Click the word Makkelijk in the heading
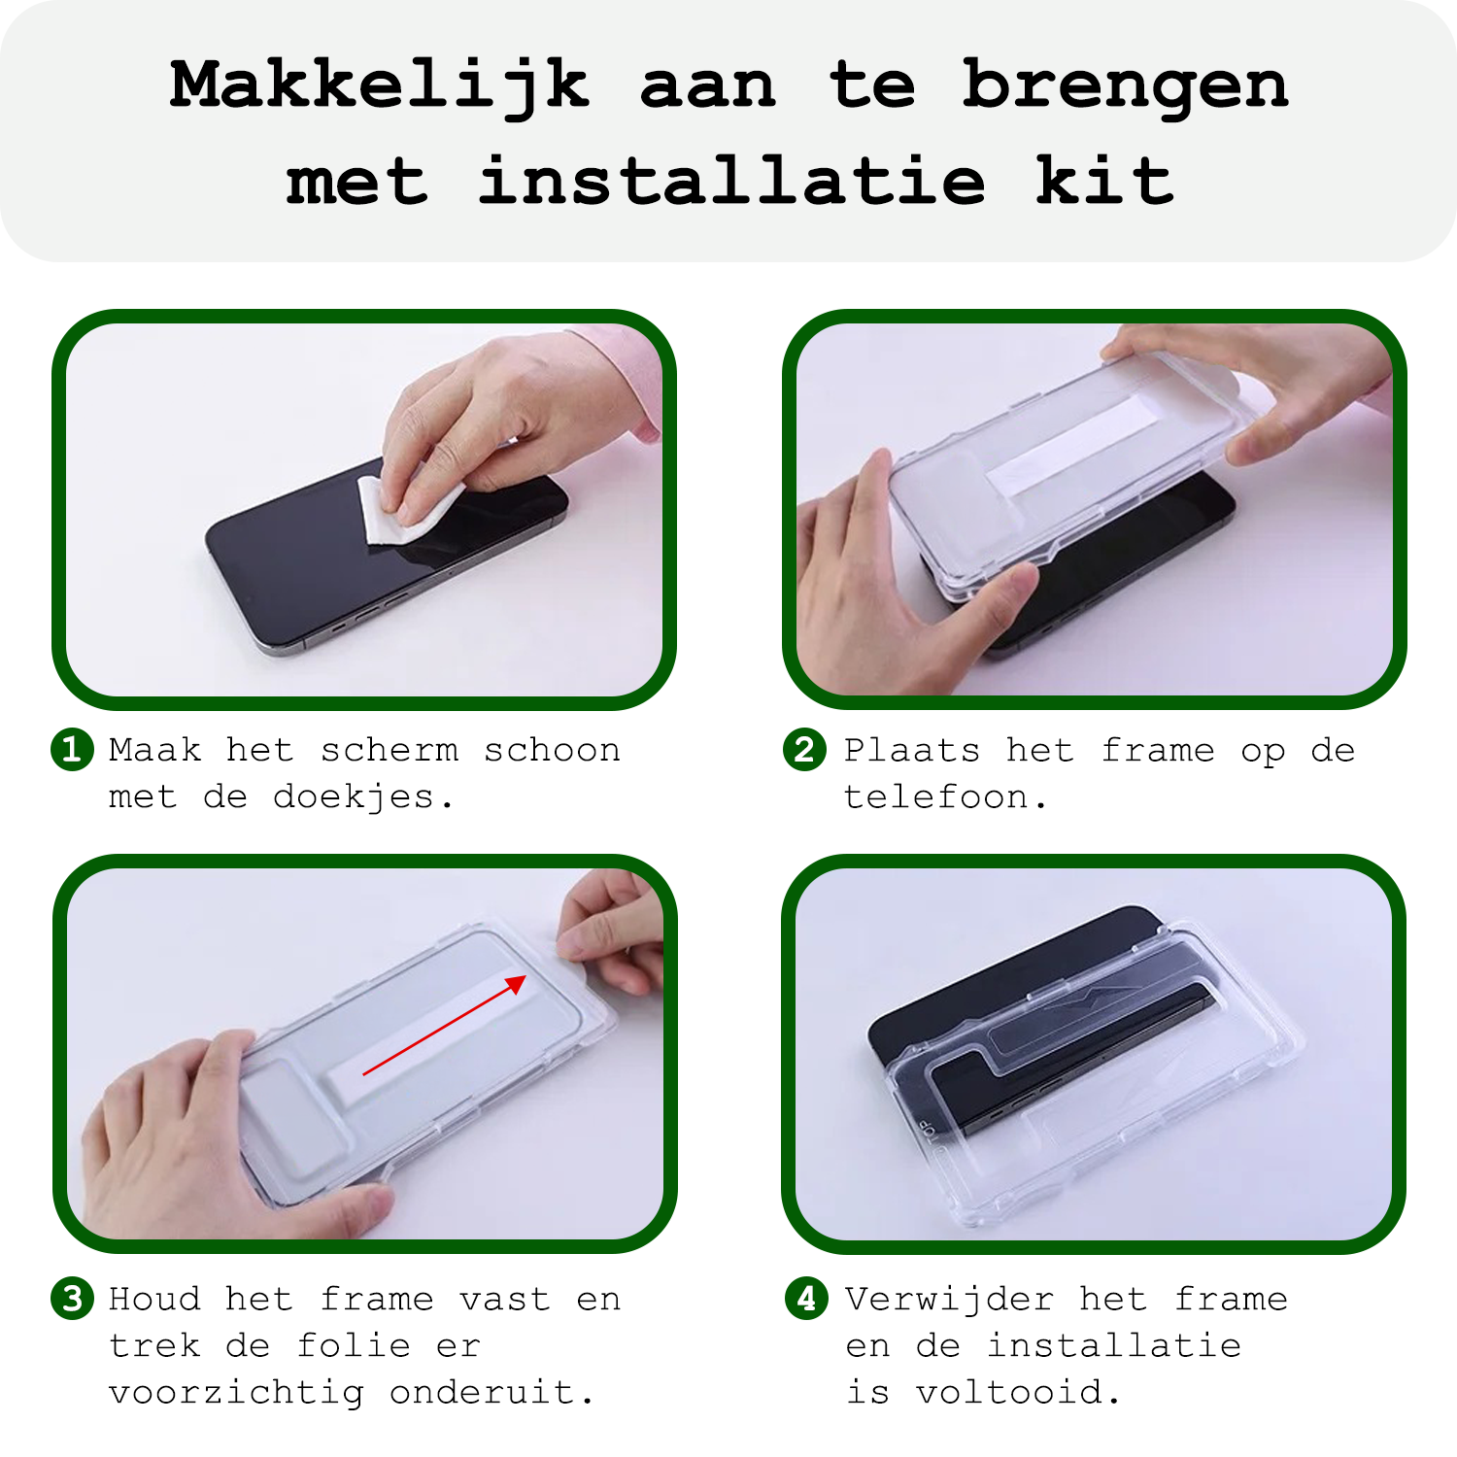(x=379, y=85)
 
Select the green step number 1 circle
(x=72, y=750)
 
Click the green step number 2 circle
(x=804, y=750)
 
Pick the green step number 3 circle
(x=72, y=1299)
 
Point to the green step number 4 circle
(x=806, y=1299)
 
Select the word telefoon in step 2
(x=936, y=797)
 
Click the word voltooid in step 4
(x=1010, y=1393)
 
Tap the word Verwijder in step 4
(x=949, y=1300)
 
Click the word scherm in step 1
(x=390, y=750)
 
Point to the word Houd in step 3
(x=154, y=1300)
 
